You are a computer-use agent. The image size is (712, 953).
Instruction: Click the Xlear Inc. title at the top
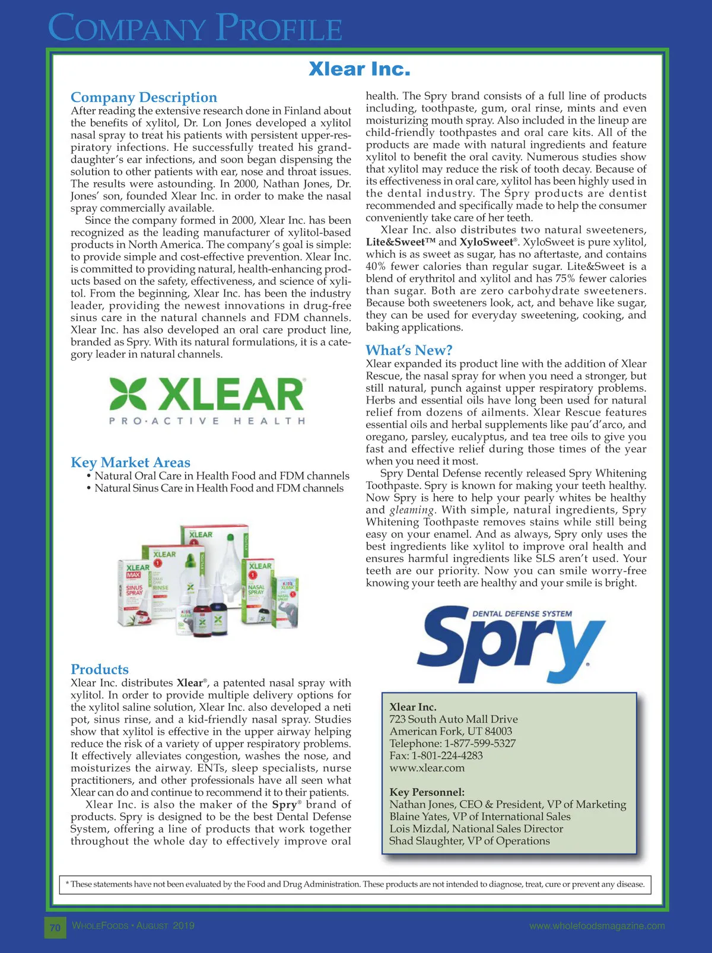coord(359,69)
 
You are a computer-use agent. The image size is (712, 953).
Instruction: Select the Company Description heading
coord(144,97)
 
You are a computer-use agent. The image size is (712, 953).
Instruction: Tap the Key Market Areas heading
coord(131,462)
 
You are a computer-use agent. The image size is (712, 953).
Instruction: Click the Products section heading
coord(100,669)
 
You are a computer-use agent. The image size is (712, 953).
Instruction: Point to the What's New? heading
coord(409,350)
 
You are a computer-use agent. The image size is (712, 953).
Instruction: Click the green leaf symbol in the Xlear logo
coord(128,394)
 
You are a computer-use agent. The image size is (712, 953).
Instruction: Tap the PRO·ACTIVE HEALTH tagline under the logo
coord(207,421)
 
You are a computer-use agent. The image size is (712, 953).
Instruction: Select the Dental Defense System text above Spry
coord(522,614)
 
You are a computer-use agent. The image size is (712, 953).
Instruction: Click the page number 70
coord(55,927)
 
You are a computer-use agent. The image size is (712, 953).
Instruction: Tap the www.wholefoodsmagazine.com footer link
coord(597,926)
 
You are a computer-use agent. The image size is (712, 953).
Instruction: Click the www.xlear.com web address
coord(427,768)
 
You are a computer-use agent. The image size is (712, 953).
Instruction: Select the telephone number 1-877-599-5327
coord(480,744)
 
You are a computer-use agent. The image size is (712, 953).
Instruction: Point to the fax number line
coord(436,755)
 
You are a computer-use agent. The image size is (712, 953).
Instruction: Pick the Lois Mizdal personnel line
coord(476,828)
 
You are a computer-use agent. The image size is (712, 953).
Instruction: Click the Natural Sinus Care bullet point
coord(218,488)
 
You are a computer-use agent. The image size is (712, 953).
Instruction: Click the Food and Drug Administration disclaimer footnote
coord(355,884)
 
